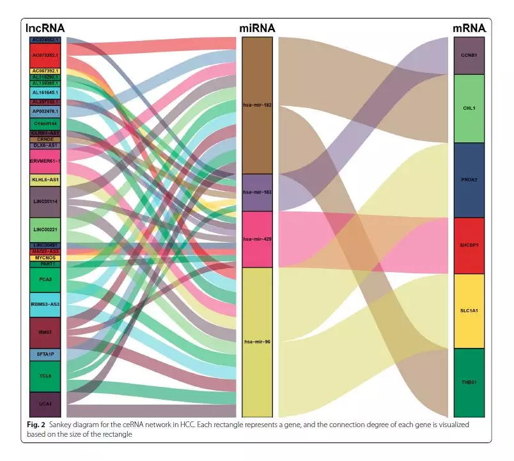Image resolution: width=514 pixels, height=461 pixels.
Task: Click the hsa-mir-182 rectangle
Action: [258, 105]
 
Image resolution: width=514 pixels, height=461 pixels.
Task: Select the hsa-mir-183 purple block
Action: [258, 192]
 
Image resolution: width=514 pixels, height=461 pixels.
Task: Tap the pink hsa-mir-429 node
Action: [258, 239]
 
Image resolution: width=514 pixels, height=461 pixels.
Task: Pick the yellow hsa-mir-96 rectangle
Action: [258, 342]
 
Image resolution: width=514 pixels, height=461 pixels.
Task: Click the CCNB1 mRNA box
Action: [469, 56]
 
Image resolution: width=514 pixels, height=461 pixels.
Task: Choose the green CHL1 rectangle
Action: [469, 109]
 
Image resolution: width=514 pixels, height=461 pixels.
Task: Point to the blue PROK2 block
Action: [469, 180]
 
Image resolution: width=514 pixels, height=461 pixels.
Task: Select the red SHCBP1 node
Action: [469, 246]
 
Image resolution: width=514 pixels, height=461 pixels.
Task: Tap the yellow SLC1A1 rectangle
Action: [469, 311]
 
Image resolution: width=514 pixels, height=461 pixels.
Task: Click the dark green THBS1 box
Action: [469, 382]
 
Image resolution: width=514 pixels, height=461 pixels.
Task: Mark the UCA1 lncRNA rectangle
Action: [45, 404]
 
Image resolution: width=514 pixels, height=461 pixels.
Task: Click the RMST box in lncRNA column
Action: [45, 332]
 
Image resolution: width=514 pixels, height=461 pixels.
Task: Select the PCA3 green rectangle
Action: [45, 280]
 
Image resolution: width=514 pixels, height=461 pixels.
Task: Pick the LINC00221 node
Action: [45, 230]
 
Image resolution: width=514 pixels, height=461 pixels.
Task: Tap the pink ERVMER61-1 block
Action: [45, 161]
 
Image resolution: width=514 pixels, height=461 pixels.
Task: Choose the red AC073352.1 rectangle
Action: [45, 55]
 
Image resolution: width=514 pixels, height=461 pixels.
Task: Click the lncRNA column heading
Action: [45, 29]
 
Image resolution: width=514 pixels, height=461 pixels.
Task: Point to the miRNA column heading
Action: [257, 29]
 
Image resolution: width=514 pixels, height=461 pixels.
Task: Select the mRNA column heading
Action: [469, 29]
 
